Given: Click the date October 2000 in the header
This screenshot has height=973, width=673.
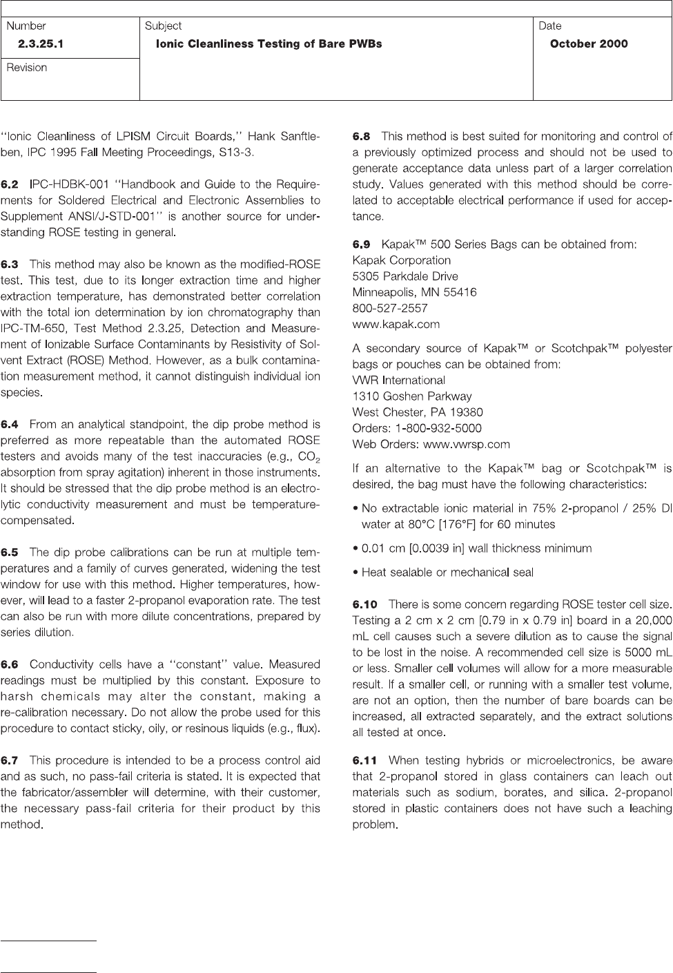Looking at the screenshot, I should point(589,44).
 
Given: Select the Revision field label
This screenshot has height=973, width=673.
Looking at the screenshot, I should point(27,68).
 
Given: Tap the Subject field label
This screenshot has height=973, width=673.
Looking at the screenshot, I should point(164,26).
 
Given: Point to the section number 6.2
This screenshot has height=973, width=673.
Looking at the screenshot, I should point(10,184).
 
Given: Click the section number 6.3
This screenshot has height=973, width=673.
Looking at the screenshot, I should point(10,264).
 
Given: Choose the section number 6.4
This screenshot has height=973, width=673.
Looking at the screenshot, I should point(10,424).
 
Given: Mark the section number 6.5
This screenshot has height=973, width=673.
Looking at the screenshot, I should point(10,552).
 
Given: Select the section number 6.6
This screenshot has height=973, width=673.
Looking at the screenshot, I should point(10,664).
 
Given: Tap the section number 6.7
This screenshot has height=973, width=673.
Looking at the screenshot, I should point(10,760).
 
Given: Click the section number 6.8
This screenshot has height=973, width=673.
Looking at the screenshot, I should point(361,137).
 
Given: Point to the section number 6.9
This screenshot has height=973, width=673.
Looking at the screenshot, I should point(361,244).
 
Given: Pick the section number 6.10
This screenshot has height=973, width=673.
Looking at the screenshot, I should point(364,605).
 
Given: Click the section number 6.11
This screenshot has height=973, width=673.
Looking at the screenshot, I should point(364,760).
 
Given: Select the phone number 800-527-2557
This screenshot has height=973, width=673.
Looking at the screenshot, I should point(390,308).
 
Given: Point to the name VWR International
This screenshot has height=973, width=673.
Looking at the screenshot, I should point(399,380).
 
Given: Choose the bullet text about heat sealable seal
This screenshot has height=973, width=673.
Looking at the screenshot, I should point(447,572).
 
